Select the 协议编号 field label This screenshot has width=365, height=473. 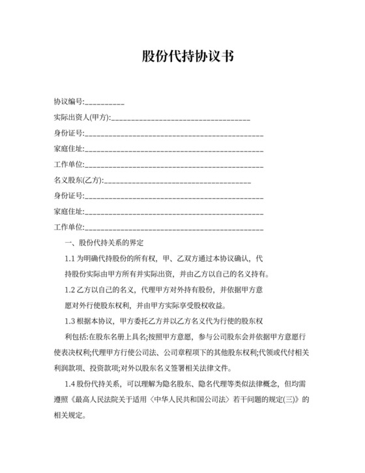[68, 102]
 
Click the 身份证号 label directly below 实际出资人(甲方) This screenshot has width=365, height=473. [68, 134]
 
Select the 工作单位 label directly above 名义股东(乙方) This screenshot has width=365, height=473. [68, 165]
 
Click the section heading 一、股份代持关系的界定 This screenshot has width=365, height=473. [109, 243]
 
